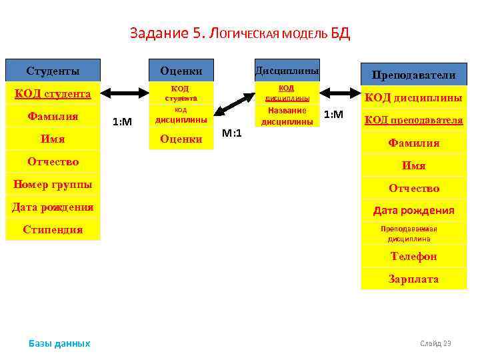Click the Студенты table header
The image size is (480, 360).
point(53,71)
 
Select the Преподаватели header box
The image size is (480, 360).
point(413,75)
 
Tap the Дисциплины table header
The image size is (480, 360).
point(287,70)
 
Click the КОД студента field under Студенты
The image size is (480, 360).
point(53,94)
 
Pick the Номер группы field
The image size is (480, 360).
point(53,185)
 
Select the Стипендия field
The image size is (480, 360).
point(53,230)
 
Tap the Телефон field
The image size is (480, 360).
point(413,256)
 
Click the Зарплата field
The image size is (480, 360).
point(413,279)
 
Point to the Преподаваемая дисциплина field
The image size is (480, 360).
point(413,233)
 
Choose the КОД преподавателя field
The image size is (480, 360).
point(413,121)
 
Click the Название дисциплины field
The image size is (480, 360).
point(287,116)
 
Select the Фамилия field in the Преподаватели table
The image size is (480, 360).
point(413,143)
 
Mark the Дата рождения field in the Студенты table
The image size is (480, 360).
point(53,207)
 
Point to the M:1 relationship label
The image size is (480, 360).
point(232,133)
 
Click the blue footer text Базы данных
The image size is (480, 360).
point(59,343)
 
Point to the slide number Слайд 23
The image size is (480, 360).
point(435,343)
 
